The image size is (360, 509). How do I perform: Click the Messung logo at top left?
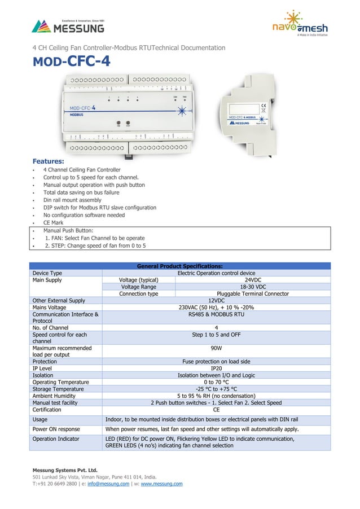[68, 26]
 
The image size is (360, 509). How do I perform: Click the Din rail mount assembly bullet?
[72, 200]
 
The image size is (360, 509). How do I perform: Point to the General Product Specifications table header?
[180, 266]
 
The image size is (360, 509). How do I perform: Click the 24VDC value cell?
[252, 279]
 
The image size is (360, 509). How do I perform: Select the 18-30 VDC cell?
[252, 287]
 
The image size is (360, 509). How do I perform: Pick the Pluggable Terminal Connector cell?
[252, 293]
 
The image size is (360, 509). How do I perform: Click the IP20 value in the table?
[216, 368]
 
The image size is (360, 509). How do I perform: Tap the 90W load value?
[216, 348]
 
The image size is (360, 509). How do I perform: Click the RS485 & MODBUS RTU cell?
[216, 314]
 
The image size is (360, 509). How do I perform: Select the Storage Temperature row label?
[58, 389]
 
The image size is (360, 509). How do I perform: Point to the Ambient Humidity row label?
[56, 396]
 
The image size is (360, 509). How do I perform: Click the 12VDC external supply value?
[216, 301]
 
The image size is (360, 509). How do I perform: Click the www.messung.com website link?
[161, 484]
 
